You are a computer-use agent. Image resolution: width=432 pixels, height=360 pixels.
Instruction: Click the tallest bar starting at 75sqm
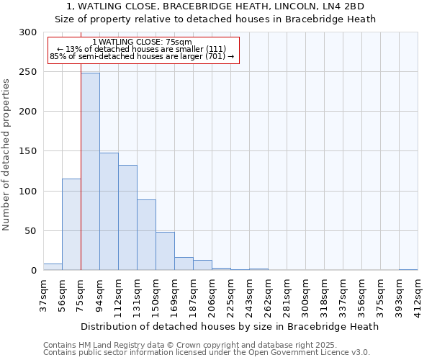90,171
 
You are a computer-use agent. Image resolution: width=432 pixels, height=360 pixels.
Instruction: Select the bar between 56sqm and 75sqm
71,224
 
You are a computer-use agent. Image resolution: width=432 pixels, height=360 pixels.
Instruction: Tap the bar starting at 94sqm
109,211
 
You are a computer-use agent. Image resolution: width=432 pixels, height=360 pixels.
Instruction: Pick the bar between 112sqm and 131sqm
127,217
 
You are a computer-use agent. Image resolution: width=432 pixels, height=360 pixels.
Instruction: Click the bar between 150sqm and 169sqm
165,251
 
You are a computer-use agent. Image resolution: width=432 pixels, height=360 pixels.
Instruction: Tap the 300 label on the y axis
28,32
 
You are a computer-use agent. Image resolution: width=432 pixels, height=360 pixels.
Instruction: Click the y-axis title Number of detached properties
6,155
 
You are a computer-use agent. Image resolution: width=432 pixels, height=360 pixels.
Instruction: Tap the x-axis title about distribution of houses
230,326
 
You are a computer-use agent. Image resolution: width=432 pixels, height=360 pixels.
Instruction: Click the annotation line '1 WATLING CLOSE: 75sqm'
142,42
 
